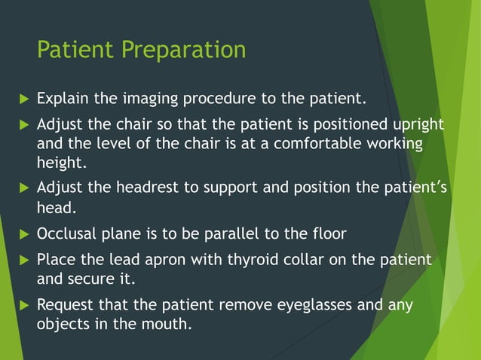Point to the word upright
point(418,124)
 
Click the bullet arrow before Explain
point(22,98)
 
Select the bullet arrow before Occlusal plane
point(22,233)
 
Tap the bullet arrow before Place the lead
point(22,260)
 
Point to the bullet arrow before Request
point(22,305)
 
